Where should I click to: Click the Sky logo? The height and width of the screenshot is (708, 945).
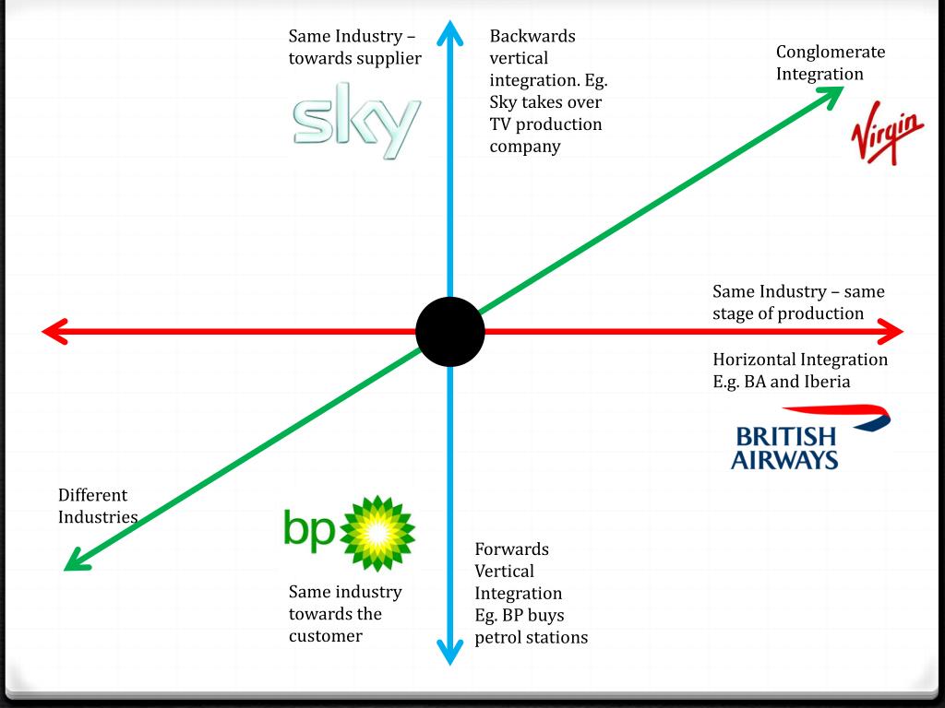pos(356,120)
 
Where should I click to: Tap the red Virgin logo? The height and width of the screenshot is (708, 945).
pos(886,136)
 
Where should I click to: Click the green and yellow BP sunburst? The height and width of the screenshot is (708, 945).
pos(377,533)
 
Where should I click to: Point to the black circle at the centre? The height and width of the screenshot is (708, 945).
pos(449,332)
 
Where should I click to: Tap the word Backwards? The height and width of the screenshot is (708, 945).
pos(532,36)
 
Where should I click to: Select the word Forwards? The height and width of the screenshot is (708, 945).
pos(511,549)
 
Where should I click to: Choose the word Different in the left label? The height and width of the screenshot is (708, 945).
pos(92,495)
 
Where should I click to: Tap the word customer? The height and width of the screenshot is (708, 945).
pos(325,636)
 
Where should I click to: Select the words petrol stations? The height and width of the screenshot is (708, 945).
pos(531,637)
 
